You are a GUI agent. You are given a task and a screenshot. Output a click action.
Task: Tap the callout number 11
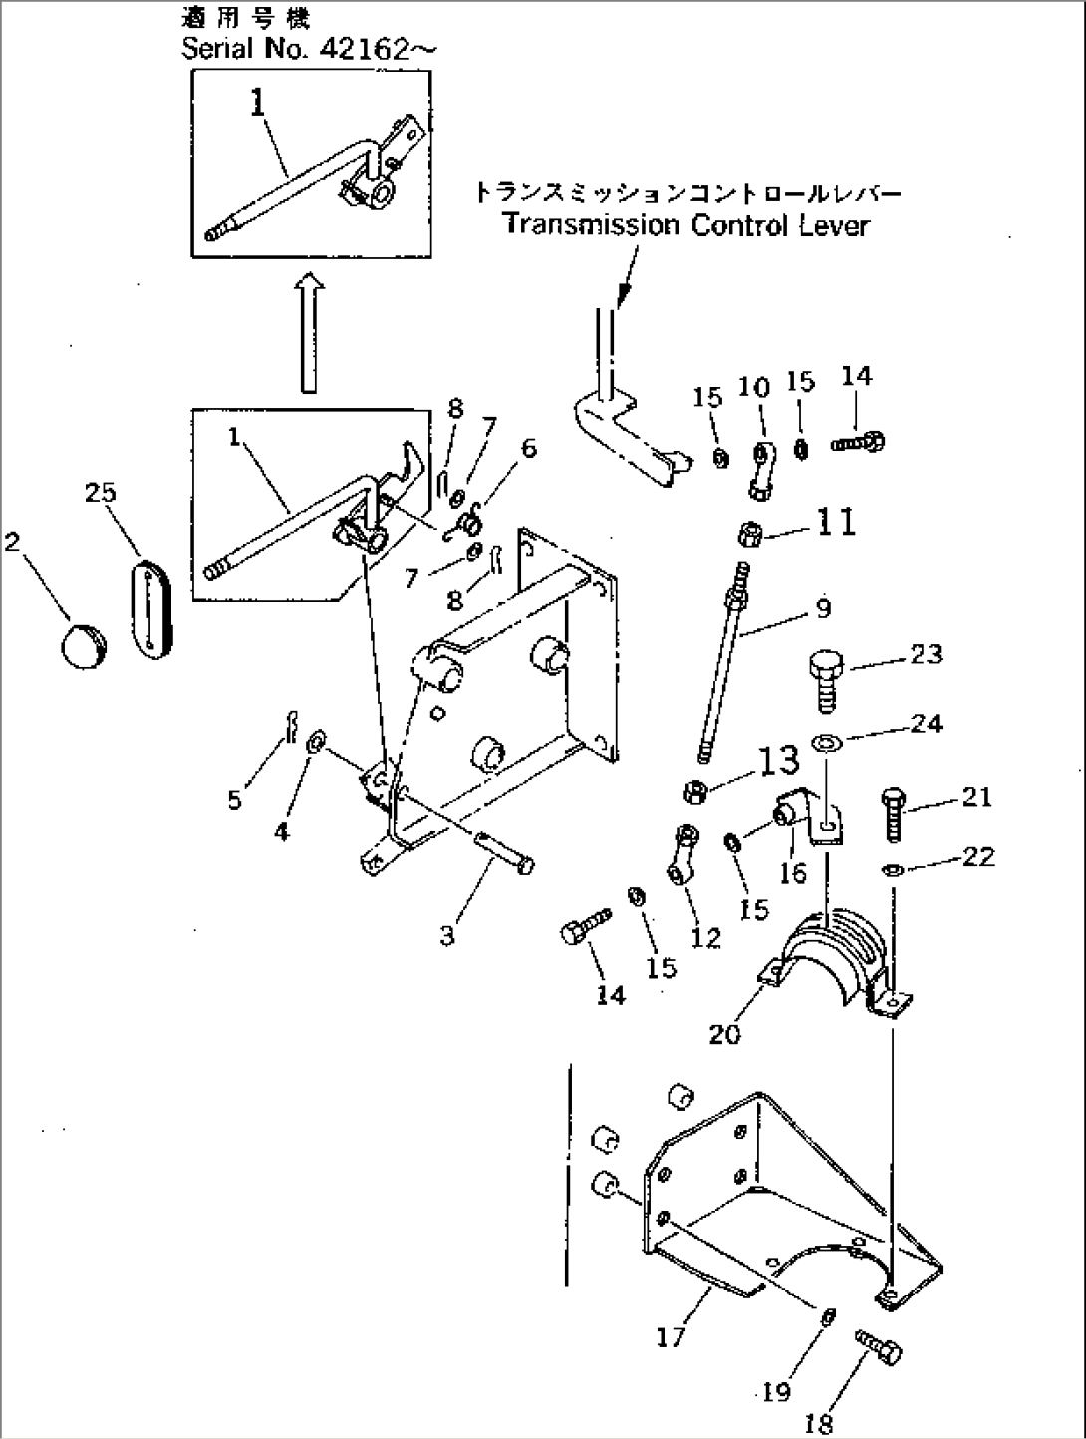point(835,521)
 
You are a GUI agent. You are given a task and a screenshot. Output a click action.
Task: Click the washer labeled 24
point(825,741)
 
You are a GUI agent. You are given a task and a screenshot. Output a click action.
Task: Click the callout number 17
point(671,1335)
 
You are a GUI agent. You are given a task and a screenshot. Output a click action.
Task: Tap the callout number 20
point(725,1034)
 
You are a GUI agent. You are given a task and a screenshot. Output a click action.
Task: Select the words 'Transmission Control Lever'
point(686,225)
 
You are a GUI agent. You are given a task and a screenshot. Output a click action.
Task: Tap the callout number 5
point(234,799)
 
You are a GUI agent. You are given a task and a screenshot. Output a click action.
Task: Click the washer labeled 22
point(893,870)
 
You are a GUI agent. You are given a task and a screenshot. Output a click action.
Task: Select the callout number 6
point(528,447)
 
